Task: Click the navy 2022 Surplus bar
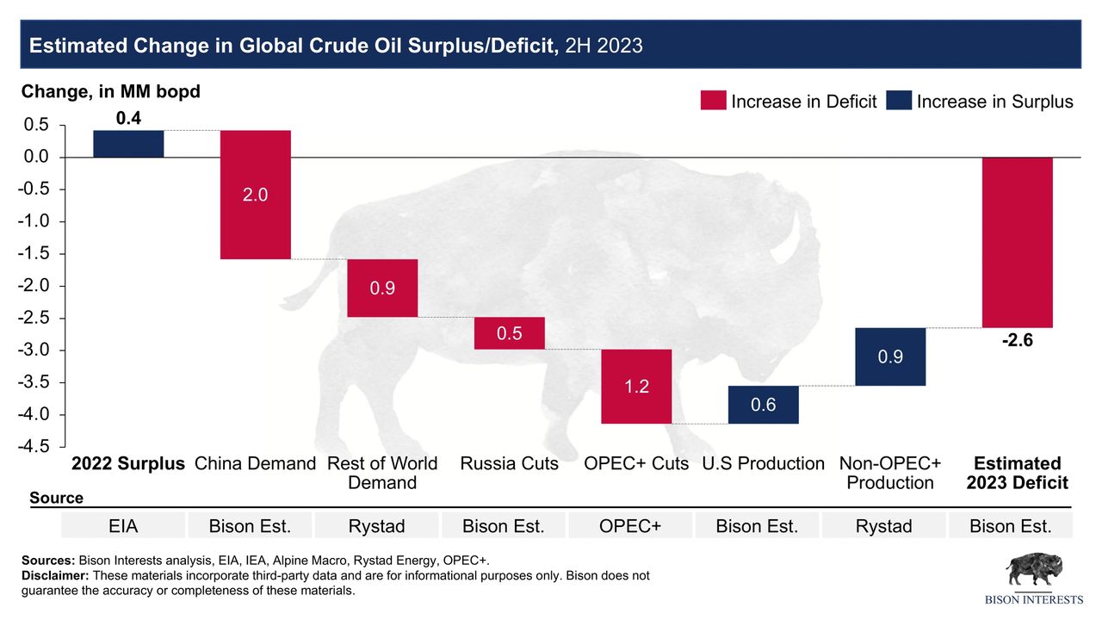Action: click(128, 144)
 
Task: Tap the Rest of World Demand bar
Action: click(382, 288)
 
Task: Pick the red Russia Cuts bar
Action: click(510, 333)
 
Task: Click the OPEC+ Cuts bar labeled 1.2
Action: click(636, 387)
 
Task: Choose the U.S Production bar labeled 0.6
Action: click(763, 405)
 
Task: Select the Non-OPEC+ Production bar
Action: click(890, 356)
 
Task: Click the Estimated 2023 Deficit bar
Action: click(1017, 243)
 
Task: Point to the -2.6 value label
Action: click(1017, 341)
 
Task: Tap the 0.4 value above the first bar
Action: click(128, 119)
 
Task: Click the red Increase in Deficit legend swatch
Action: click(713, 102)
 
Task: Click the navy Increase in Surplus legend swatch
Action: click(898, 102)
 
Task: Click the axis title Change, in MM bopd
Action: click(110, 91)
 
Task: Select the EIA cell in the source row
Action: click(124, 526)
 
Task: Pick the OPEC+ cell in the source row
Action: click(631, 526)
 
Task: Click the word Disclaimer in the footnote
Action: click(55, 575)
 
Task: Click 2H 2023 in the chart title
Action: click(604, 46)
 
